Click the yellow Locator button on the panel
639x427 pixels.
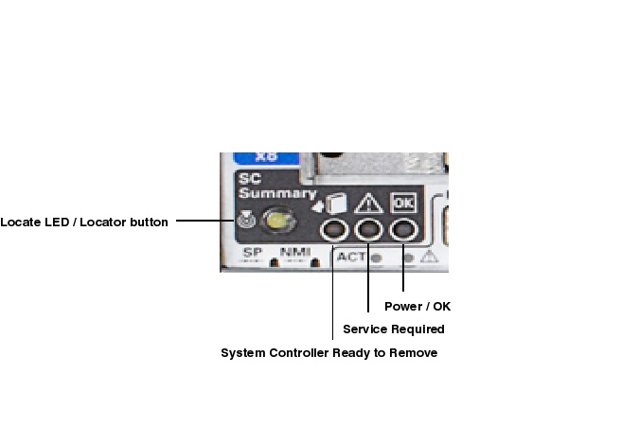[x=277, y=222]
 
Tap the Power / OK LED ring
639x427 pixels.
[x=404, y=230]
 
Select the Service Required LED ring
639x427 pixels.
[x=368, y=230]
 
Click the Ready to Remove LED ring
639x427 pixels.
[x=333, y=230]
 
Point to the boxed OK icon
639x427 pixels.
[x=403, y=203]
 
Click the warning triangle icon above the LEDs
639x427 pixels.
[x=367, y=203]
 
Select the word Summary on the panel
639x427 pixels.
[x=264, y=194]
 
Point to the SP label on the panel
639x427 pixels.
[x=251, y=253]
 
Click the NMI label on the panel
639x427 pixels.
[x=294, y=253]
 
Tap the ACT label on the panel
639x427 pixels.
[x=350, y=256]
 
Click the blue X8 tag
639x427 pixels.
[x=267, y=158]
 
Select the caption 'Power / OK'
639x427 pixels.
[x=417, y=307]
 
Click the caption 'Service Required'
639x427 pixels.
[x=393, y=329]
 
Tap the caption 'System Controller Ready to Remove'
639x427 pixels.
[x=328, y=353]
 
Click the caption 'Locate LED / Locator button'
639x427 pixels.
[x=84, y=222]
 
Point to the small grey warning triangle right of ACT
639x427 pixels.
[x=428, y=257]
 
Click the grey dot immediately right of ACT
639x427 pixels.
[x=376, y=257]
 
